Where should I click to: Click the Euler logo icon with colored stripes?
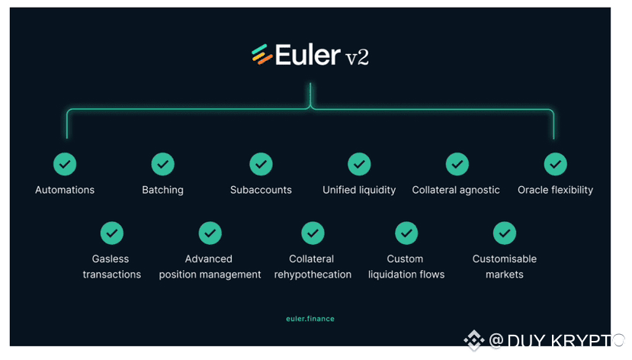(x=262, y=55)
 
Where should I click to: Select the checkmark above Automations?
(x=65, y=164)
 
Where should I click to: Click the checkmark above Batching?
(x=162, y=164)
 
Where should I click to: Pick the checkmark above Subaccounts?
(x=261, y=164)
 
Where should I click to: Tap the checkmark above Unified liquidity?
(x=359, y=164)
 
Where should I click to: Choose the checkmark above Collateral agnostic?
(x=457, y=164)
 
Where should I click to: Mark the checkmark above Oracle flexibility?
(x=555, y=164)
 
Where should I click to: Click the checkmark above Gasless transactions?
(x=112, y=233)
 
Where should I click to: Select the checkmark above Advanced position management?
(x=210, y=233)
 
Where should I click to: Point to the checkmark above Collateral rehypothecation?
(x=313, y=233)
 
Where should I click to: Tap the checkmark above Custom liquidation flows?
(x=406, y=233)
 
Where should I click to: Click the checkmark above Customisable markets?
(x=504, y=233)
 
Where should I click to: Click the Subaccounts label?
(x=261, y=190)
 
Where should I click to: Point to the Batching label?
(x=162, y=190)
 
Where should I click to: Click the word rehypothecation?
(x=313, y=275)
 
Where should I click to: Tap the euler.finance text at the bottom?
(x=305, y=319)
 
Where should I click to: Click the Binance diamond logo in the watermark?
(x=474, y=340)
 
